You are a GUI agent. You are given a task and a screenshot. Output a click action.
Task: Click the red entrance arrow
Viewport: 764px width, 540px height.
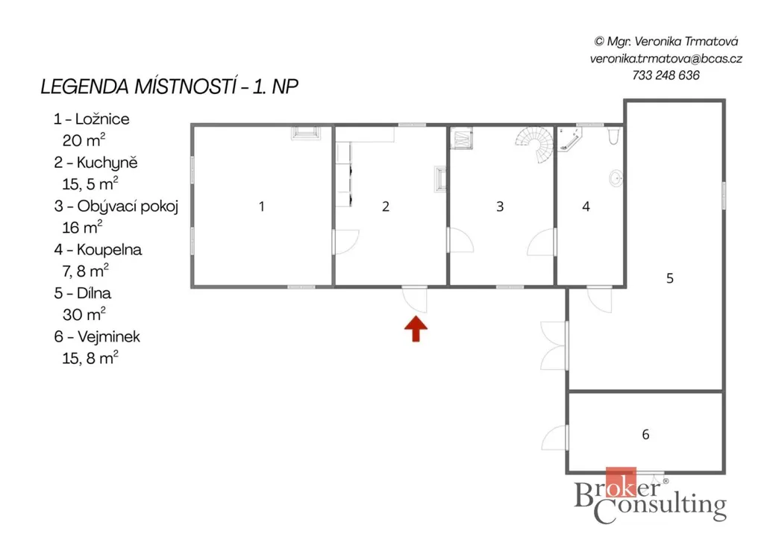416,329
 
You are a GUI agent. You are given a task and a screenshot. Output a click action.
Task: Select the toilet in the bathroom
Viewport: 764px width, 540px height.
613,135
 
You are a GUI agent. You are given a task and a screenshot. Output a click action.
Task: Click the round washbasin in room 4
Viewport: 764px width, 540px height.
616,178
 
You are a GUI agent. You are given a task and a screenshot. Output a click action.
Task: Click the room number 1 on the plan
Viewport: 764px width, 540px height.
262,207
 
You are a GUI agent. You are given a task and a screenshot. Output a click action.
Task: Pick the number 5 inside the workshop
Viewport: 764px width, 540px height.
670,278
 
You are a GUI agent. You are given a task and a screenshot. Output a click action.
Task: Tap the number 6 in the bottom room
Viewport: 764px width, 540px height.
645,434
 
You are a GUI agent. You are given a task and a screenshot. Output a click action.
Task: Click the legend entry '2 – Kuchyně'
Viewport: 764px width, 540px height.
95,163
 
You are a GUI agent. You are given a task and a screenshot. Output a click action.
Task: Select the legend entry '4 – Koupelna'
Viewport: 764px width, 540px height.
98,250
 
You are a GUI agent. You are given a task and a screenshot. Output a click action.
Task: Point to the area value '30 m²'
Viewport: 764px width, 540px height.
84,314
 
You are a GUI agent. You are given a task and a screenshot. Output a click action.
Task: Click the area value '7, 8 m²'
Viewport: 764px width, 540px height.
85,270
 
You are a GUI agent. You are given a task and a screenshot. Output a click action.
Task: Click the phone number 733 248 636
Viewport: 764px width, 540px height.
666,75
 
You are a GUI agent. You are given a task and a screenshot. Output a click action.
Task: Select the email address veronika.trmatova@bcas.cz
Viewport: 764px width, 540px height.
666,59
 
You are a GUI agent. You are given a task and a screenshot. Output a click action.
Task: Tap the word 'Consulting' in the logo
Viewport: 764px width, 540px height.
660,507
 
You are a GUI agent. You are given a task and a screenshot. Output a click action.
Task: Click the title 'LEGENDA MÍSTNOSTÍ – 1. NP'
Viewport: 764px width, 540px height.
169,87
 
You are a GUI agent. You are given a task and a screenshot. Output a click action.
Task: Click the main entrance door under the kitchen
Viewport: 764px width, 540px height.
415,299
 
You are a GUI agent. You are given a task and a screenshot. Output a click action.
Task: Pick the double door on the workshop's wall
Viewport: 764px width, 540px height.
554,346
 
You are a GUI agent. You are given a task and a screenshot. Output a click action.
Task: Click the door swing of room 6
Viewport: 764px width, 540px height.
555,437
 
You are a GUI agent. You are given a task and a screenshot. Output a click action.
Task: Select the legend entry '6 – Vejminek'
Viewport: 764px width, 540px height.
97,337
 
